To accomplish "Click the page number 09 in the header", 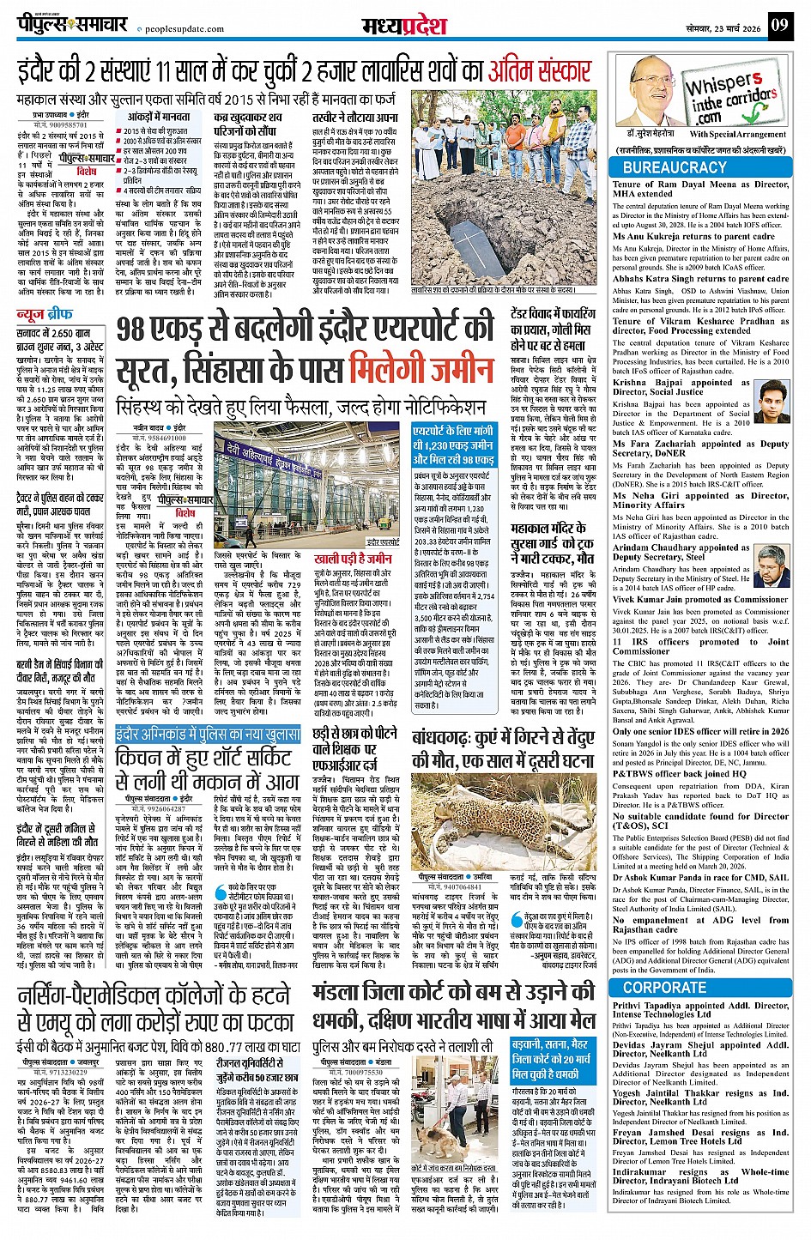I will (778, 25).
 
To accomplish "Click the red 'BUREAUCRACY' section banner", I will (675, 168).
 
